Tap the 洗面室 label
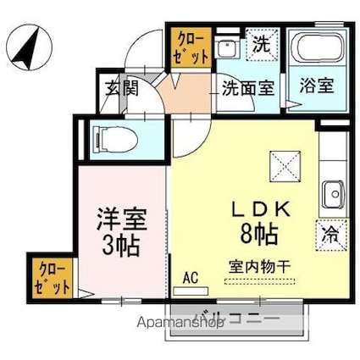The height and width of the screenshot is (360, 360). click(248, 86)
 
